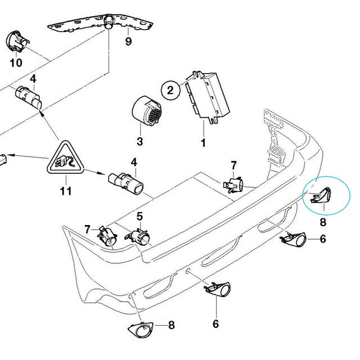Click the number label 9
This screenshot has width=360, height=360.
pyautogui.click(x=128, y=42)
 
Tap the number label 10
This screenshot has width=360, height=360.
pyautogui.click(x=16, y=62)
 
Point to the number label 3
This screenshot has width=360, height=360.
pyautogui.click(x=141, y=141)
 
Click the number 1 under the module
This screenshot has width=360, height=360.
pyautogui.click(x=203, y=143)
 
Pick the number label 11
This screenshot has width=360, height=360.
pyautogui.click(x=66, y=191)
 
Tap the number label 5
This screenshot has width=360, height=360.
pyautogui.click(x=139, y=215)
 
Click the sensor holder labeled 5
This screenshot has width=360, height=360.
pyautogui.click(x=139, y=236)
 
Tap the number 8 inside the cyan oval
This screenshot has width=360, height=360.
pyautogui.click(x=323, y=222)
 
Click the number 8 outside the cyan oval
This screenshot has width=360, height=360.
pyautogui.click(x=172, y=325)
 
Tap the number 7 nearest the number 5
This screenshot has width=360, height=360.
pyautogui.click(x=87, y=228)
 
